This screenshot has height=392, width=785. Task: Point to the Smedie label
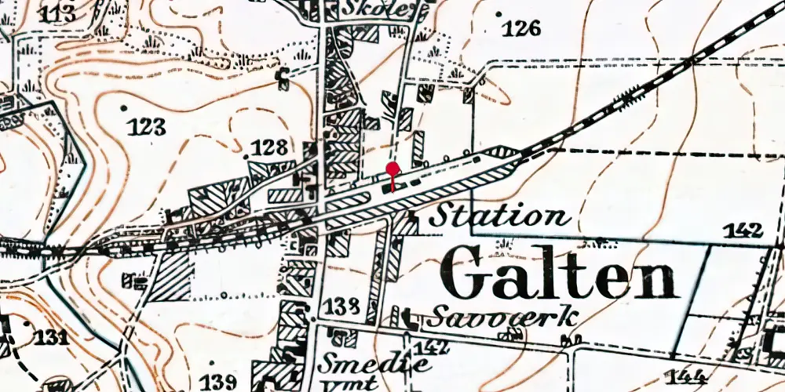[375, 363]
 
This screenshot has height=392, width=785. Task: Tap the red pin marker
[392, 169]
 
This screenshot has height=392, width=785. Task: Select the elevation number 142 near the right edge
[743, 230]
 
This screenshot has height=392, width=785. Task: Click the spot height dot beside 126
[498, 14]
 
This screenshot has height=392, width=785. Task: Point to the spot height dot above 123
[122, 106]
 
